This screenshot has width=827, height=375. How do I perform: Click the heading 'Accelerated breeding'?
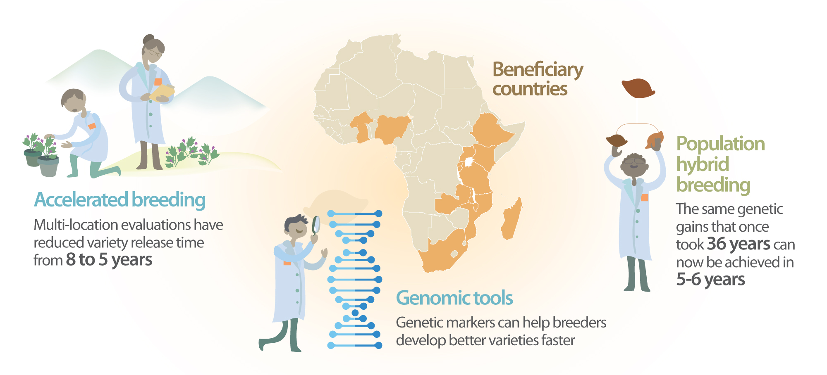coord(120,200)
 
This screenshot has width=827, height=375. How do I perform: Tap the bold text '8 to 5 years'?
coord(109,260)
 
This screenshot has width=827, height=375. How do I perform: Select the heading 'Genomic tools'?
coord(454,298)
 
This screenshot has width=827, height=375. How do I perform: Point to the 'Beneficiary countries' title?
coord(538,79)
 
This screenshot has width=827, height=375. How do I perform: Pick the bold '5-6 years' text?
coord(710,280)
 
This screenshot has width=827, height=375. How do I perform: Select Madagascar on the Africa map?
coord(512,219)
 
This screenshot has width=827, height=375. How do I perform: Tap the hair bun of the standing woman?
coord(148,40)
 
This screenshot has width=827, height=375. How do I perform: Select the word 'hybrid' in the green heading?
coord(702,164)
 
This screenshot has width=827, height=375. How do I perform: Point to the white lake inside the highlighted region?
coord(469,162)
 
